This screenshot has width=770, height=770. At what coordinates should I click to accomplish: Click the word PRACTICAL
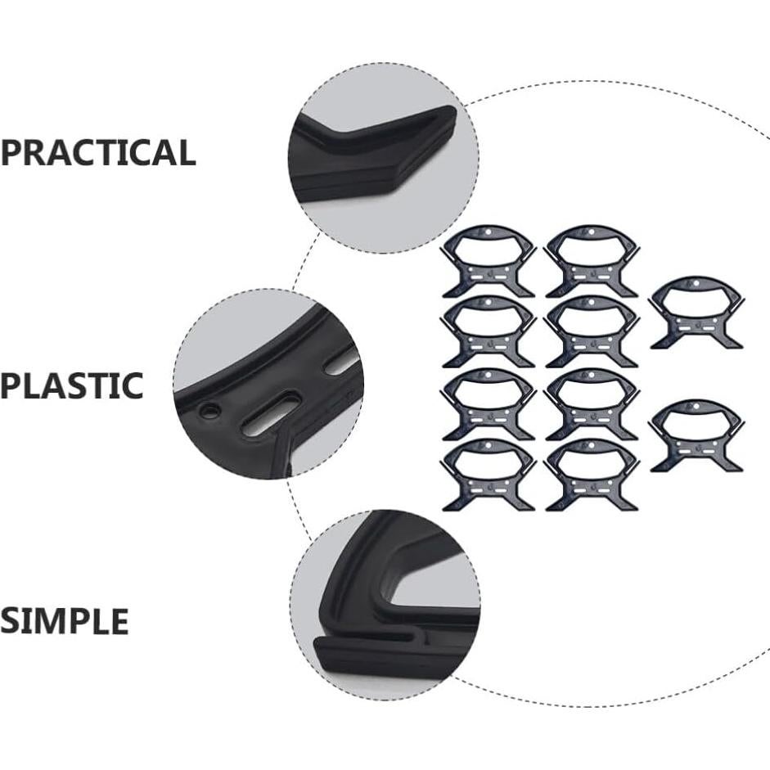click(97, 153)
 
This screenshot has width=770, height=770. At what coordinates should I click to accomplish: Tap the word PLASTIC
click(71, 385)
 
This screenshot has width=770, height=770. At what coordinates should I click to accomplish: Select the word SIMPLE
click(64, 622)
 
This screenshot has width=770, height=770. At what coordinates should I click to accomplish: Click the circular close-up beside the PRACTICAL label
click(383, 157)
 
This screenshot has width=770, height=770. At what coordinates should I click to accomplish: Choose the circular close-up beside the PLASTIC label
click(268, 383)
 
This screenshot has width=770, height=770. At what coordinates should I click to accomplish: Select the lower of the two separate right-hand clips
click(696, 435)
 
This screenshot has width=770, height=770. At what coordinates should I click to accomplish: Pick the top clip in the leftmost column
click(489, 261)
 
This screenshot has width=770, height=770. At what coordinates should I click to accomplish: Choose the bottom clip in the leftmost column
click(489, 475)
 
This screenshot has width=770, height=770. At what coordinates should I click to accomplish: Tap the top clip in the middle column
click(592, 261)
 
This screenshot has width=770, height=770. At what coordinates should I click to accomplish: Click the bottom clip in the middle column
click(592, 475)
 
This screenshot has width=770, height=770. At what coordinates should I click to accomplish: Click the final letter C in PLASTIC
click(132, 385)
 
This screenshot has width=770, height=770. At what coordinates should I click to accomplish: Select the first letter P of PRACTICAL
click(11, 153)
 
